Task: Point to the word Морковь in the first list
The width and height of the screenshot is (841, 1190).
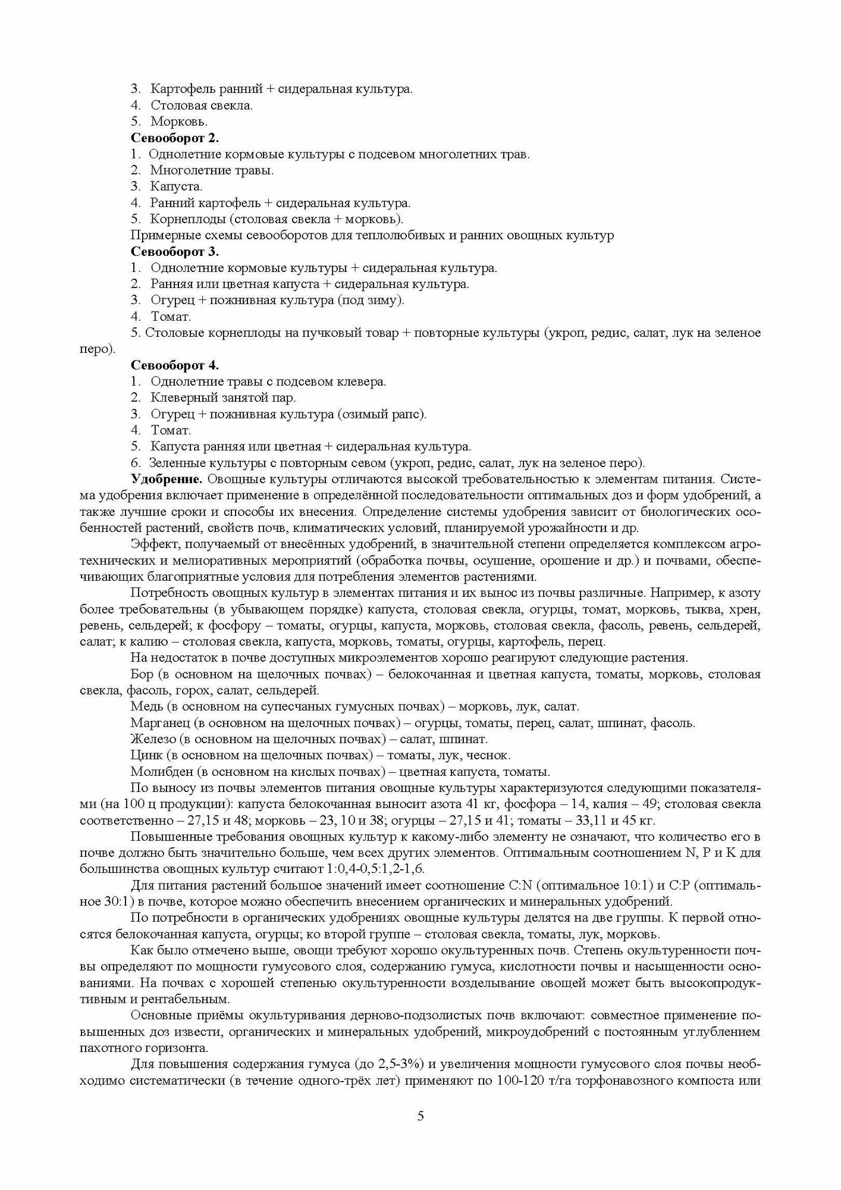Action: [179, 121]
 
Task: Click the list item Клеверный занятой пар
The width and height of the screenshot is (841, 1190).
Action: [223, 397]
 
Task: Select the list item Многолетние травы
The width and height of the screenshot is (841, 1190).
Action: [212, 170]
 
